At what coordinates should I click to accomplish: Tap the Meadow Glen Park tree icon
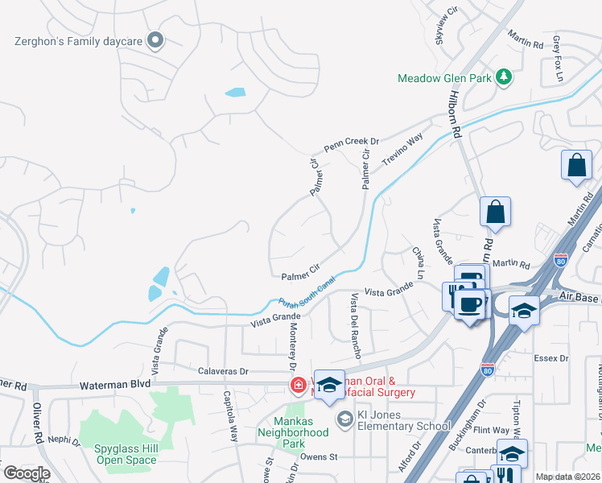tap(504, 76)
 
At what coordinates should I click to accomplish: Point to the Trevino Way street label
tap(402, 151)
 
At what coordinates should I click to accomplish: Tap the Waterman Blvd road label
tap(115, 386)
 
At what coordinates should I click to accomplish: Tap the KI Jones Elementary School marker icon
tap(345, 419)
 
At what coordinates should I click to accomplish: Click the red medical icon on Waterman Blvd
tap(299, 386)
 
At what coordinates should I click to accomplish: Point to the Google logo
tap(27, 473)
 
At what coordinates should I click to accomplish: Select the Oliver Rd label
tap(38, 427)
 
